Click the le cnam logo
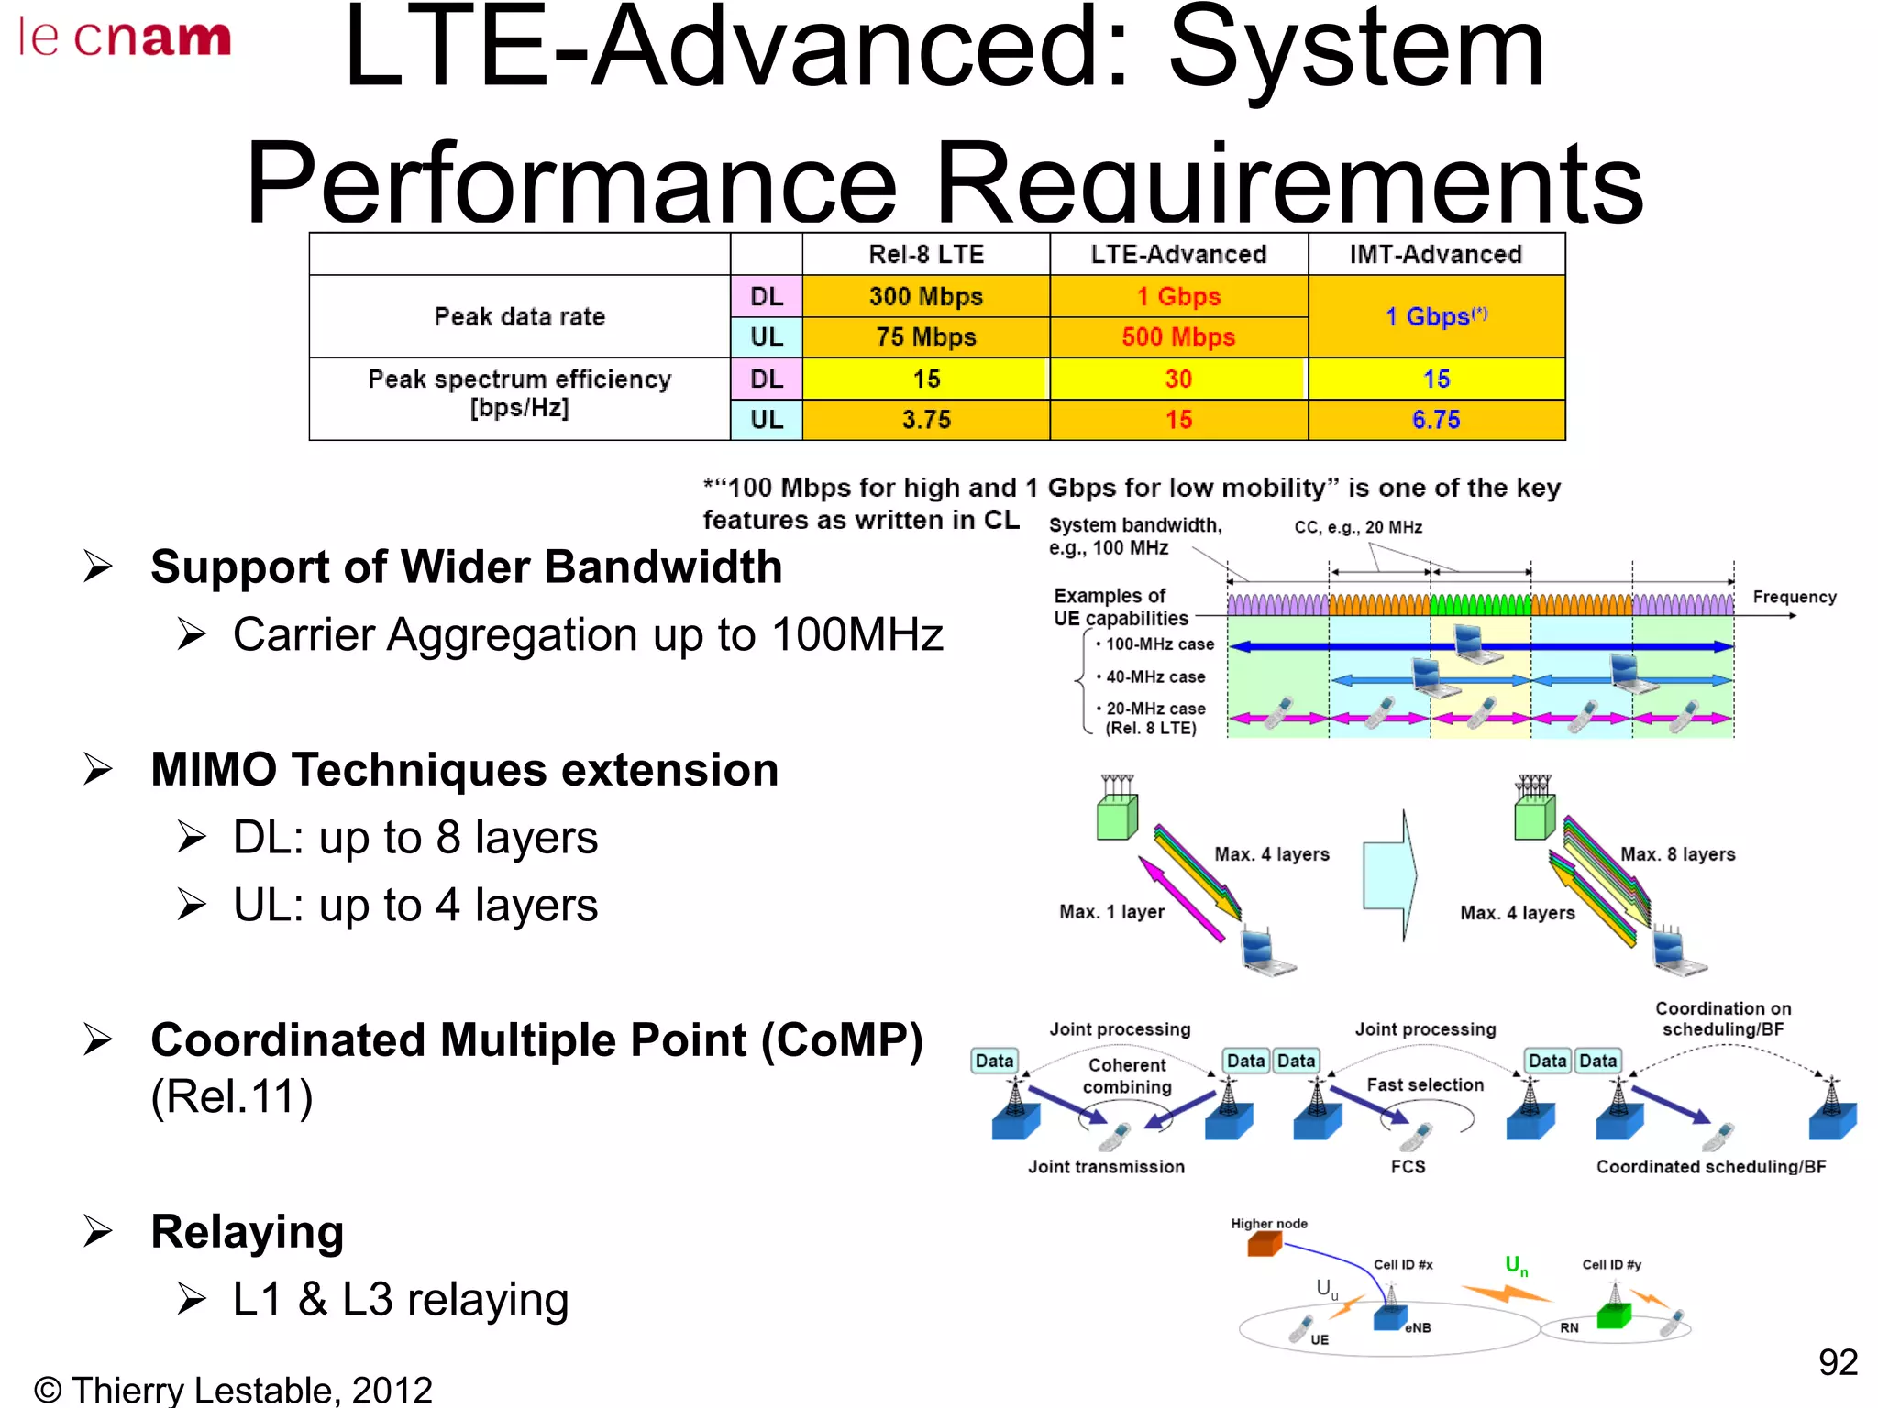125,38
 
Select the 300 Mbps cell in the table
925,297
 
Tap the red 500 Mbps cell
1178,337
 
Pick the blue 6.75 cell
1435,420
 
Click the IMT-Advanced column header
1435,255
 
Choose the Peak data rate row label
519,317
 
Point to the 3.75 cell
925,420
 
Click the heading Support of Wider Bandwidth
466,566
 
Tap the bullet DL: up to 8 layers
414,837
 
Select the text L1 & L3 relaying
401,1299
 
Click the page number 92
1837,1362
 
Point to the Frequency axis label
1794,598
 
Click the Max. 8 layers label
1677,854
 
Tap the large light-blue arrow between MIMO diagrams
1390,875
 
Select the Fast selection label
1424,1085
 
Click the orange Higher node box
1265,1244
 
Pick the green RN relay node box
1613,1316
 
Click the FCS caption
1408,1167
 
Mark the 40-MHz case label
1154,677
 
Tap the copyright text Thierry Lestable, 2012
233,1390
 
